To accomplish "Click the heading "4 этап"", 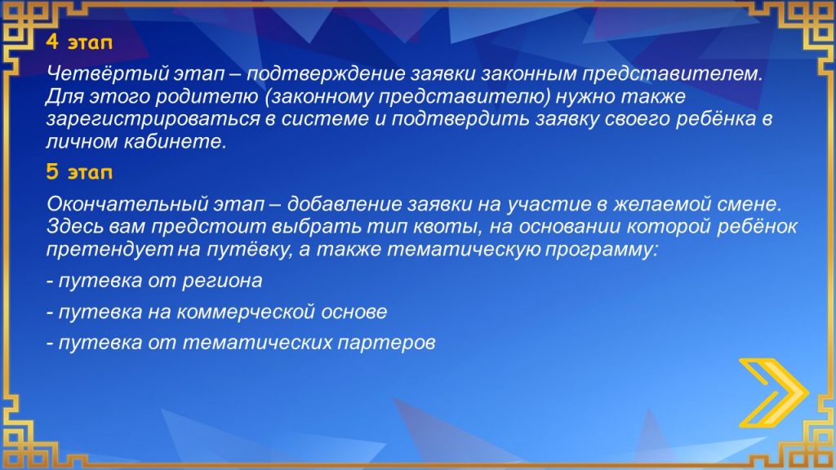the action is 79,42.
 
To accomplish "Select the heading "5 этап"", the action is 79,172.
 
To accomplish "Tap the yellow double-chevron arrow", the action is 774,393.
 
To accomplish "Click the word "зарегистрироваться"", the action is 153,119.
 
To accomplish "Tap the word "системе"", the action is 325,119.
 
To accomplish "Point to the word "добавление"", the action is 345,203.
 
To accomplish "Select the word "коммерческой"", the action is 245,312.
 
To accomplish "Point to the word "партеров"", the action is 386,343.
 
